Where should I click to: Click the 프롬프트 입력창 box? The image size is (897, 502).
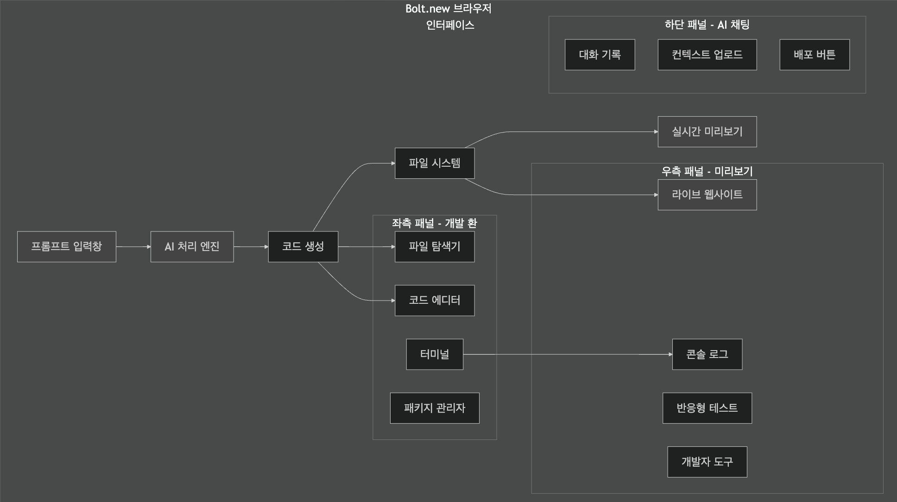pos(67,247)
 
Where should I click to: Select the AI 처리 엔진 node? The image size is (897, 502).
pos(192,247)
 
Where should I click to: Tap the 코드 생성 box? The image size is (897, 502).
pos(303,247)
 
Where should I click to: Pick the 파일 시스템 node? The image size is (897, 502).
pos(435,163)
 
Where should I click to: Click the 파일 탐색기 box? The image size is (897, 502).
pos(435,247)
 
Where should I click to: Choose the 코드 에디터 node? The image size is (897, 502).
pos(435,301)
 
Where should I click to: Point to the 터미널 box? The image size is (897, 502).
pos(435,354)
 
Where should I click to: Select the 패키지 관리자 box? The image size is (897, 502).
pos(435,408)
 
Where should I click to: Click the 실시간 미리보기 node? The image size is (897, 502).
pos(707,132)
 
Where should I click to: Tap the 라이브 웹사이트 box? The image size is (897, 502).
pos(707,195)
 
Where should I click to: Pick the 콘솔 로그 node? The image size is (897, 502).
pos(707,354)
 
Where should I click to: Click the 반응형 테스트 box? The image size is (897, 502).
pos(707,408)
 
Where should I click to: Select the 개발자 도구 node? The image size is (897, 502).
pos(707,462)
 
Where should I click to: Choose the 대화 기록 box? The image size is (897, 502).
pos(600,55)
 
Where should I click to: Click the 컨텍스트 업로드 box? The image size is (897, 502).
pos(707,55)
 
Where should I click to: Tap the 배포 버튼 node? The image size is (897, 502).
pos(815,55)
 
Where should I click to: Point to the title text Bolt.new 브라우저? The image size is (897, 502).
pos(448,9)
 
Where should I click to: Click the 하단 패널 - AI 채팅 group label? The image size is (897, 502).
pos(707,25)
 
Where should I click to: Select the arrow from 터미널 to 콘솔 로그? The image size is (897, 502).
pos(568,354)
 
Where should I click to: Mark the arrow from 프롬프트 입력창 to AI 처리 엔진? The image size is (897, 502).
pos(133,247)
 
